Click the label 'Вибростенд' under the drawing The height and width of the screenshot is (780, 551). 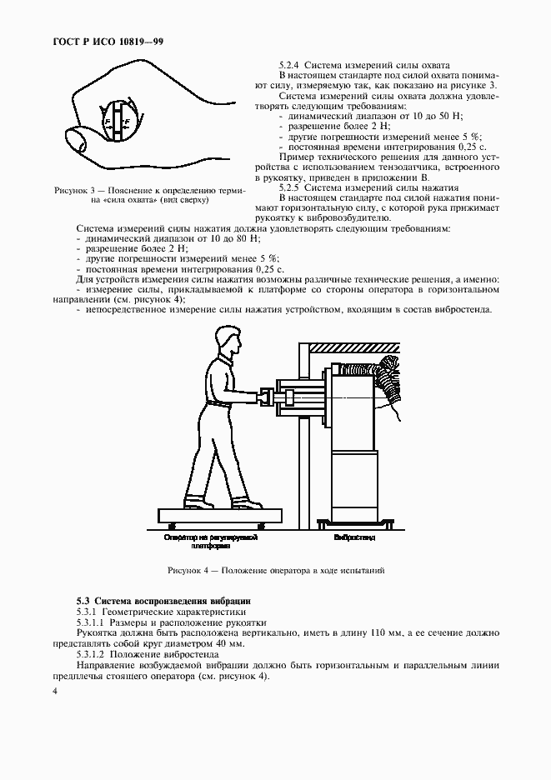pyautogui.click(x=355, y=538)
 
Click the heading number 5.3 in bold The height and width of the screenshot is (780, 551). pyautogui.click(x=83, y=600)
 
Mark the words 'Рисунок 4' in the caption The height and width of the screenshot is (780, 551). pyautogui.click(x=190, y=571)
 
